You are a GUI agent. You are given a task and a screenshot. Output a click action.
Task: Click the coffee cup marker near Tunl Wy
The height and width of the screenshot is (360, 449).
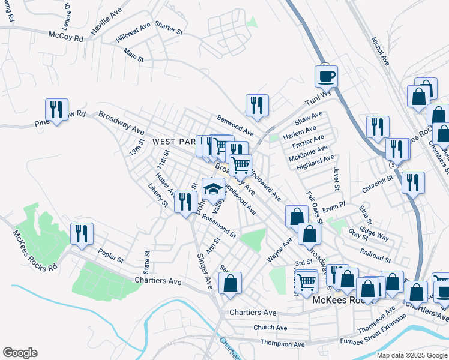326,77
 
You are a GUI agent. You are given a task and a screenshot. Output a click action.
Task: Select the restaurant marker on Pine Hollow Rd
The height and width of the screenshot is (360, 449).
56,110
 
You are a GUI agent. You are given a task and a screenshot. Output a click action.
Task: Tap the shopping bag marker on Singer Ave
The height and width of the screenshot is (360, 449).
230,283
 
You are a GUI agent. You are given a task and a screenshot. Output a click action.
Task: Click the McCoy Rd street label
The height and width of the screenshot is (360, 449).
65,36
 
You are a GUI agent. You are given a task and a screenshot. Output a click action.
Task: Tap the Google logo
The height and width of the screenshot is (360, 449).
20,353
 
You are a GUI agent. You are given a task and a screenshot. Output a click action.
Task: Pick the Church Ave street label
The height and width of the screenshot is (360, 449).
270,328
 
